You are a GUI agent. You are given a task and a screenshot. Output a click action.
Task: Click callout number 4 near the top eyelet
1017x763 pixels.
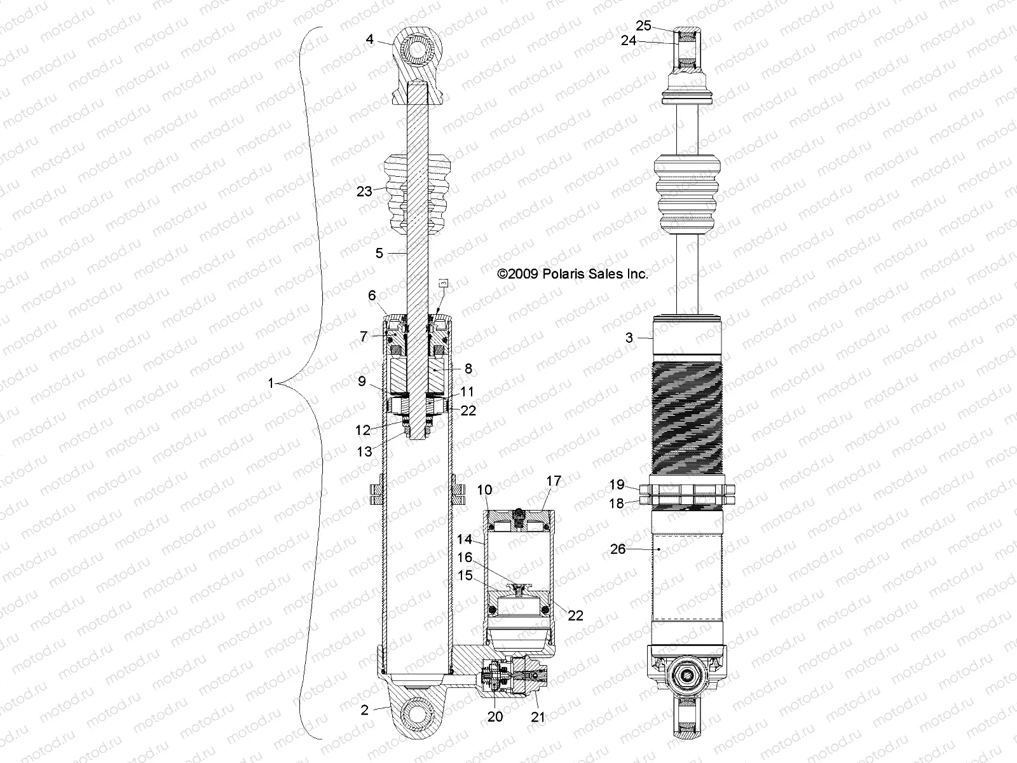tap(369, 39)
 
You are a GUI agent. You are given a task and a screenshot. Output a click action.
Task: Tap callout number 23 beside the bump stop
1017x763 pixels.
tap(364, 191)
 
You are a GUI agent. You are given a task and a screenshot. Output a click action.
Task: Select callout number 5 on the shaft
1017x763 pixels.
tap(379, 253)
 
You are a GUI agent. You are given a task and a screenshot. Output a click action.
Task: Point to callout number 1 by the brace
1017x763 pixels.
tap(271, 383)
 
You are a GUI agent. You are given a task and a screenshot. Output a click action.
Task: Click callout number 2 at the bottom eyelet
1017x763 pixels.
tap(364, 710)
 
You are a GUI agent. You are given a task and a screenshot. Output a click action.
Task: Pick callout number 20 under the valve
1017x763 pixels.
tap(495, 717)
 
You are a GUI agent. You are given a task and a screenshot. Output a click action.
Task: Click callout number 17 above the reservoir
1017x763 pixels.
tap(554, 481)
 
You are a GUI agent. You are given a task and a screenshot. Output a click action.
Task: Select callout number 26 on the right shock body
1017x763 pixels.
tap(618, 549)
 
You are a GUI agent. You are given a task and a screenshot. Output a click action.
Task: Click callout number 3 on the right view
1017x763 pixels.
tap(629, 338)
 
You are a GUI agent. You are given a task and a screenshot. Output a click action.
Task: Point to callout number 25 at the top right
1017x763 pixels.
tap(644, 25)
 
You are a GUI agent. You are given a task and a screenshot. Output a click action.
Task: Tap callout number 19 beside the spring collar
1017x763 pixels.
tap(617, 485)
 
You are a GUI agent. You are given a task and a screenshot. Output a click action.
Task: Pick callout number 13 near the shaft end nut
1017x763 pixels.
tap(364, 452)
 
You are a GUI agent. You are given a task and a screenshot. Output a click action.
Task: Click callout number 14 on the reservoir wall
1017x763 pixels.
tap(465, 540)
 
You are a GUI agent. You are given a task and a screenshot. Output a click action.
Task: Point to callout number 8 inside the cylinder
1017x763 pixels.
tap(468, 369)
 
